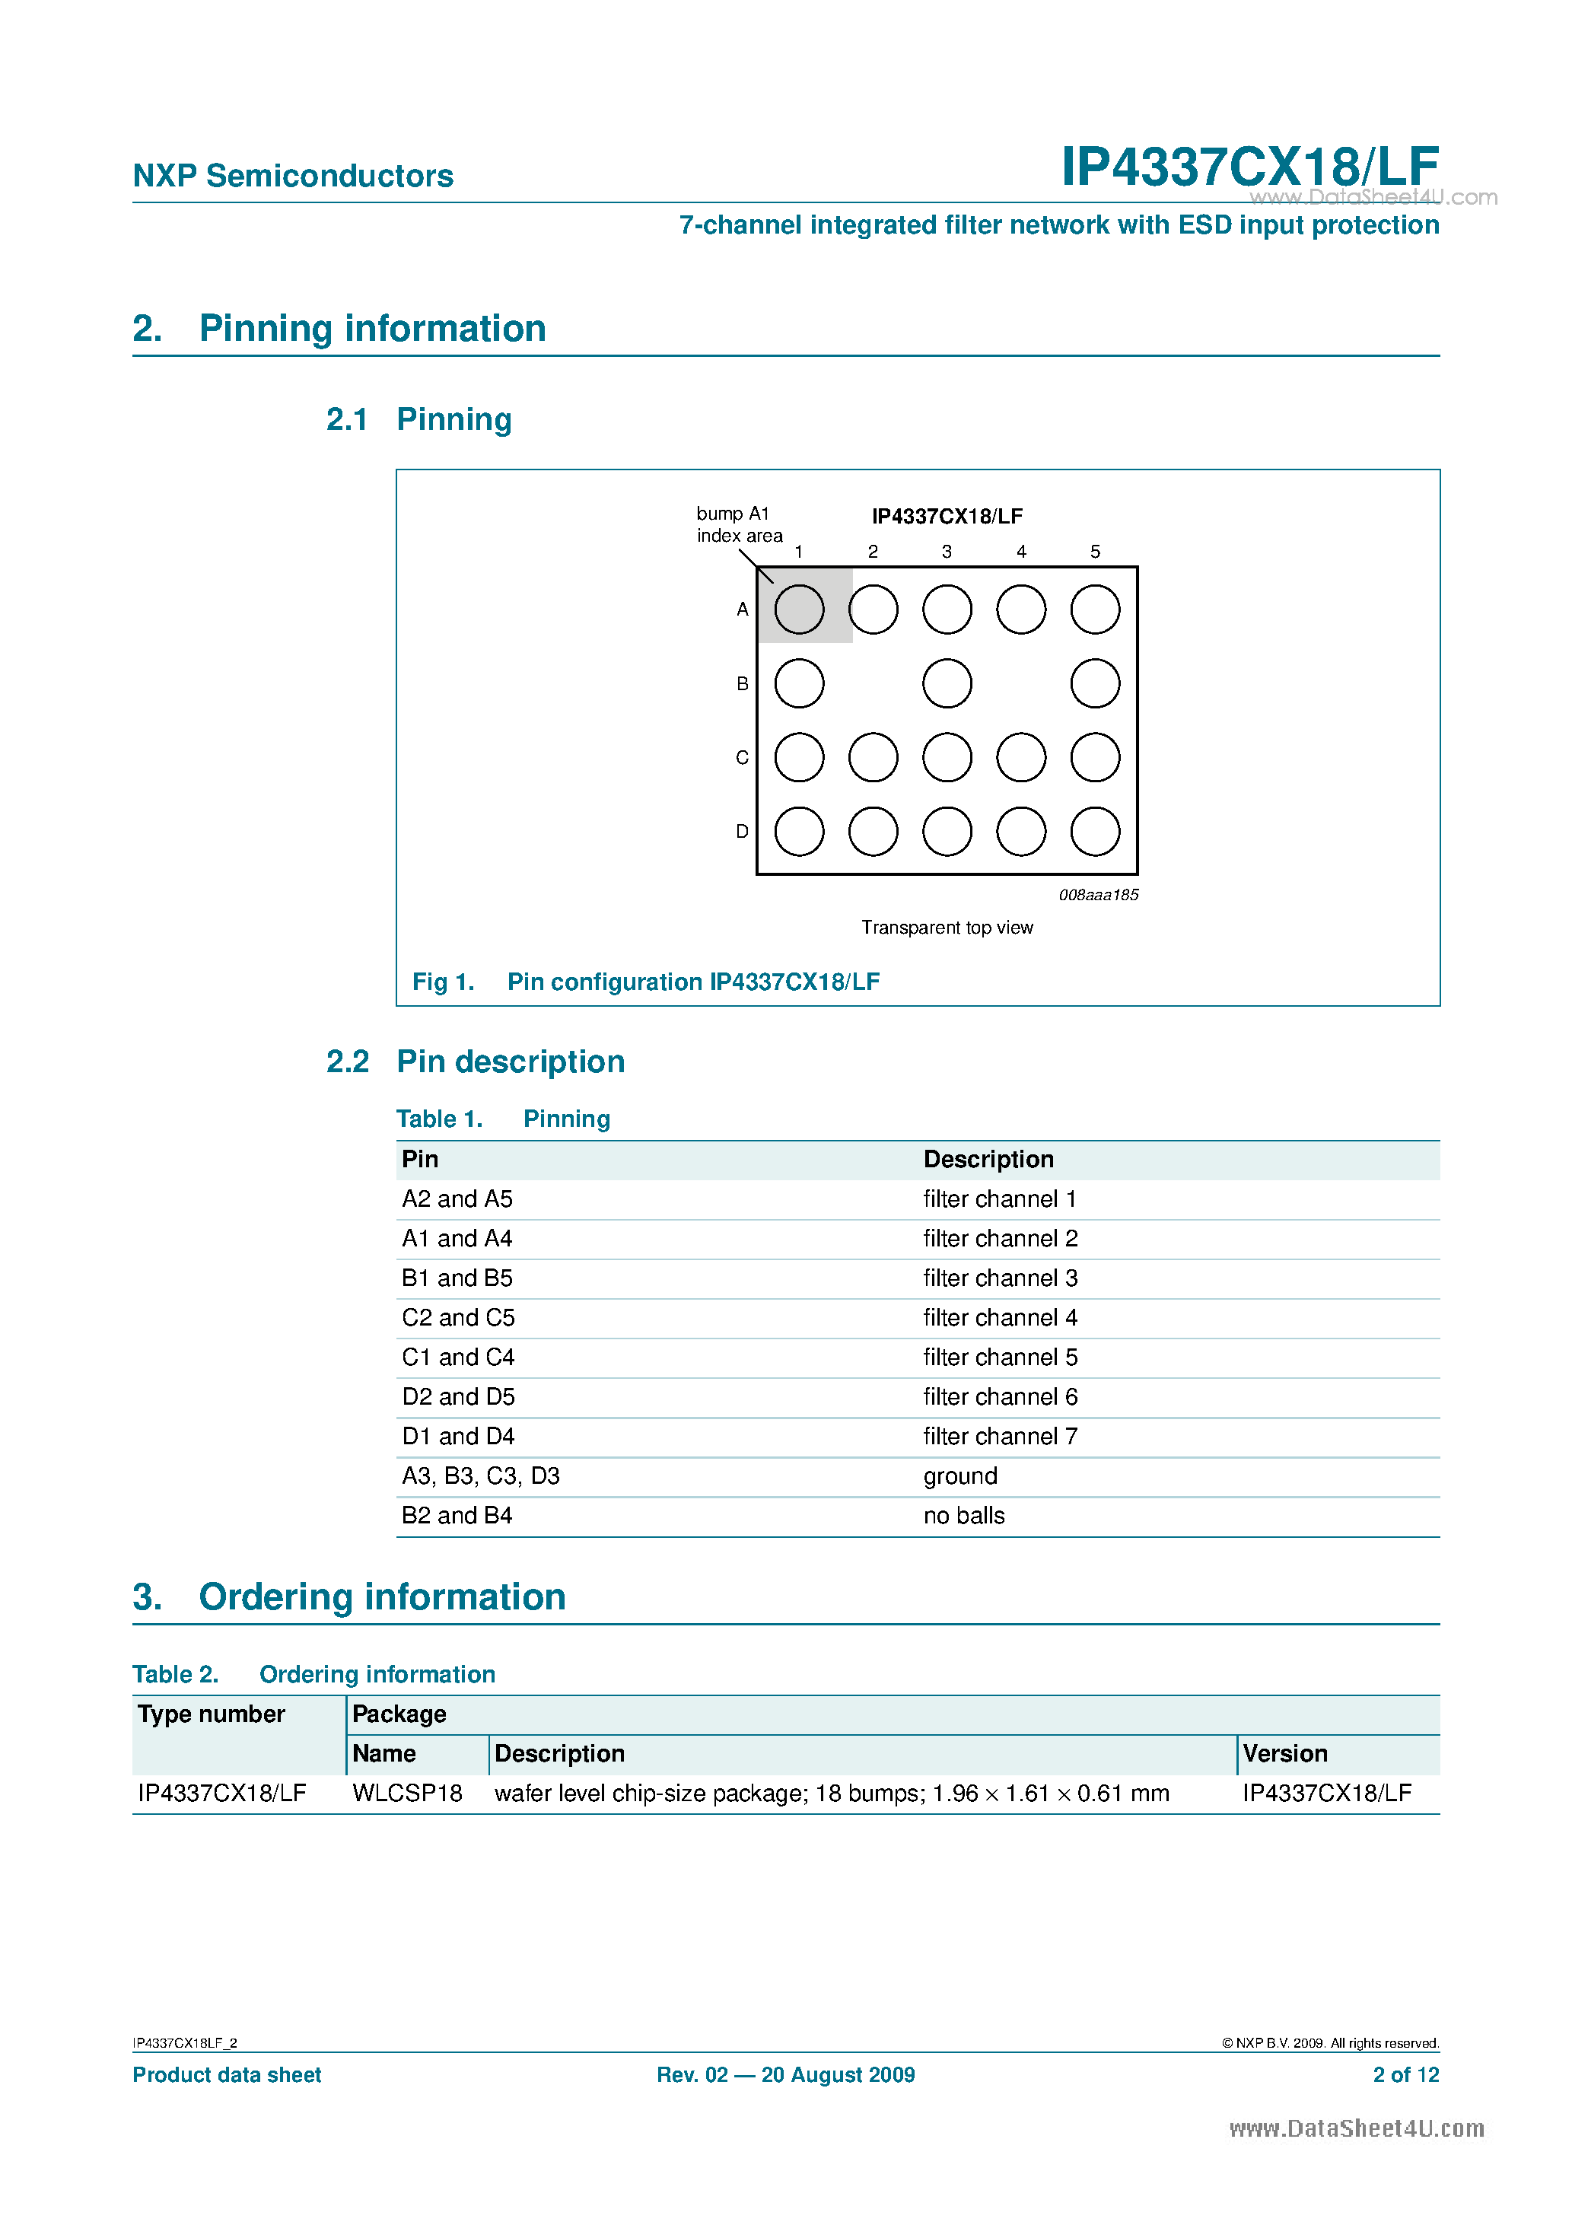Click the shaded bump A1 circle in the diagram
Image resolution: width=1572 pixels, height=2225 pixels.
799,610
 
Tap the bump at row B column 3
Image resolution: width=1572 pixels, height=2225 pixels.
947,683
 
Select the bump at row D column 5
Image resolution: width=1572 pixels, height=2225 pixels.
1095,832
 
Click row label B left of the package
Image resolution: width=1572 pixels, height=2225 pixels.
743,683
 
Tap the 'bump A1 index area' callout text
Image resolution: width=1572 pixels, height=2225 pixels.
739,524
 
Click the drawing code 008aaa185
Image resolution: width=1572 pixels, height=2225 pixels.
1098,894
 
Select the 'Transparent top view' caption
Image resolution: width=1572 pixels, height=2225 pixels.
947,928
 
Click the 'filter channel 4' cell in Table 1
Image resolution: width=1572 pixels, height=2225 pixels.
999,1318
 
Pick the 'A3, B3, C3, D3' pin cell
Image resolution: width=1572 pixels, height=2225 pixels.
481,1476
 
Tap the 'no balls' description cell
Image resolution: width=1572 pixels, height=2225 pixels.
963,1516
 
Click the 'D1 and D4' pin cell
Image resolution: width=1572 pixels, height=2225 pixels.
458,1436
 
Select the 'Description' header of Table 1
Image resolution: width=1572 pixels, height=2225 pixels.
988,1159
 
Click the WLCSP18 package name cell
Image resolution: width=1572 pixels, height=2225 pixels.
407,1793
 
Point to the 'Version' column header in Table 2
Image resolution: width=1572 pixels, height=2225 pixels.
1284,1753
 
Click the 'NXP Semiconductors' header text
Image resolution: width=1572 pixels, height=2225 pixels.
293,176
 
